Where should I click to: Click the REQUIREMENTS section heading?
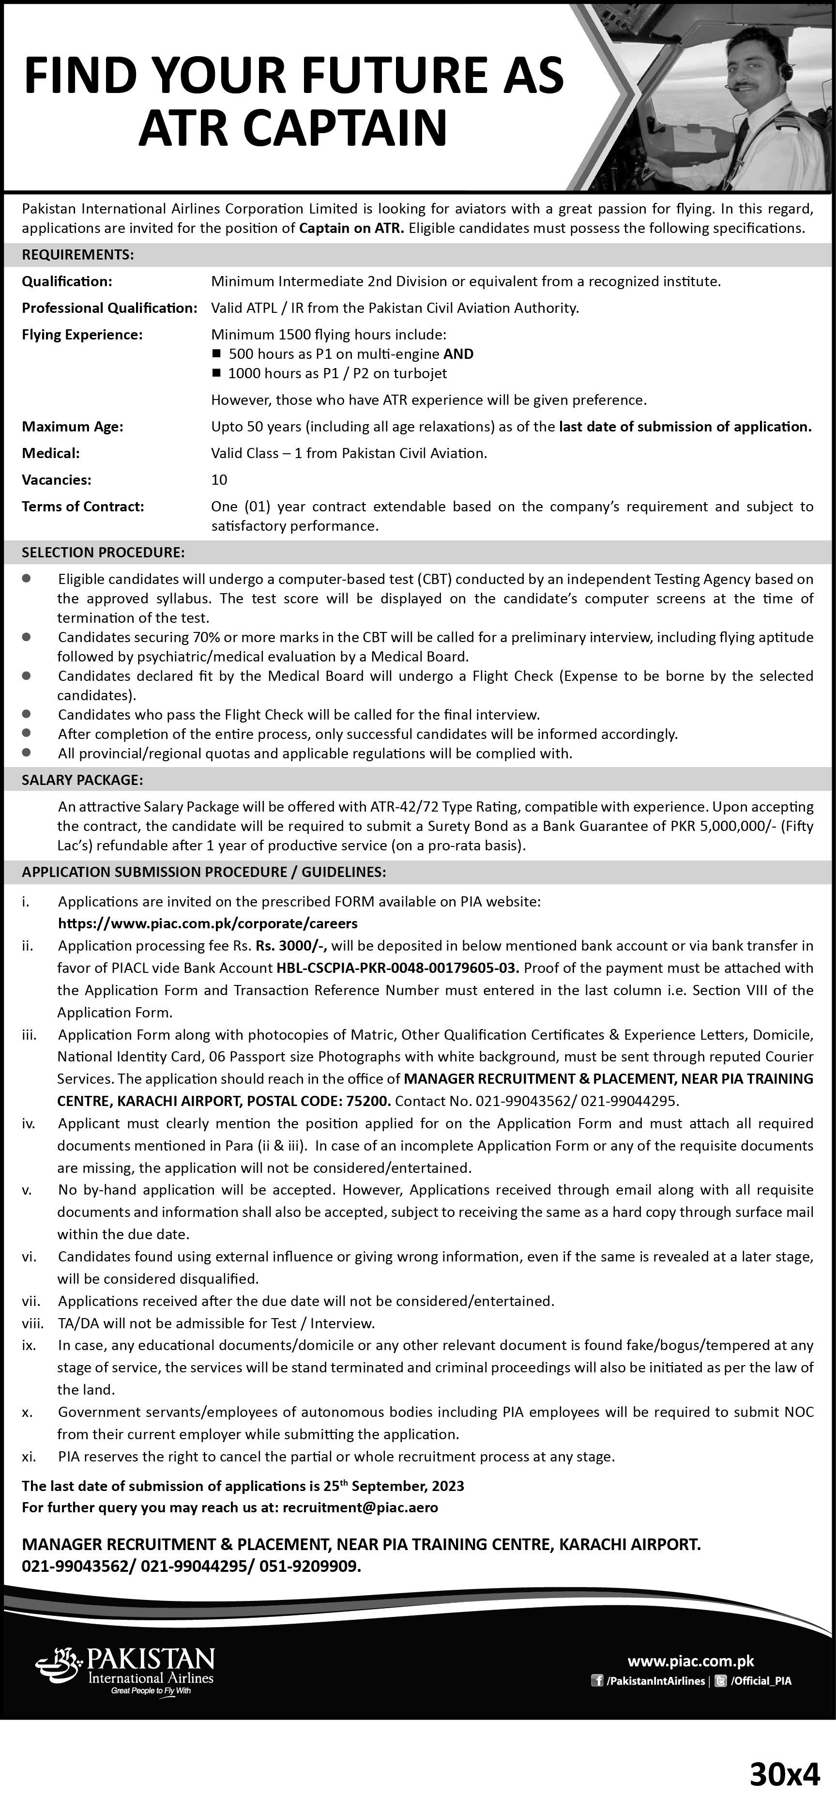click(78, 255)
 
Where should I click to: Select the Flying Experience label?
click(82, 334)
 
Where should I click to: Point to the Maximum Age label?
click(73, 427)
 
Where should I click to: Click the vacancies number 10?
click(219, 479)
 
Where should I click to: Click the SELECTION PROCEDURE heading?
click(103, 552)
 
